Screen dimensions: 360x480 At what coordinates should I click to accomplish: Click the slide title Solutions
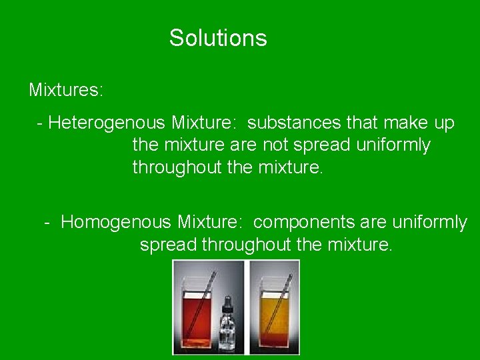[218, 38]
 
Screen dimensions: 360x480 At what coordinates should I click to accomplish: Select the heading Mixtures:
[66, 89]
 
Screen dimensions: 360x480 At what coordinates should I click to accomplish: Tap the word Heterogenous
[106, 123]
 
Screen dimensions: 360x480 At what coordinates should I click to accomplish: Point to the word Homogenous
[117, 222]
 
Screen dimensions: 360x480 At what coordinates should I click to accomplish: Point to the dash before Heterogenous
[41, 123]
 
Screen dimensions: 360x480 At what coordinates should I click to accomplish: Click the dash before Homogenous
[48, 222]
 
